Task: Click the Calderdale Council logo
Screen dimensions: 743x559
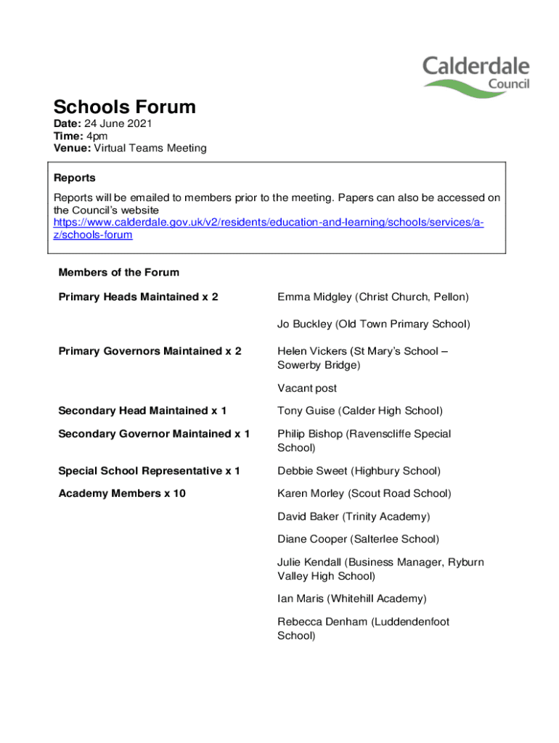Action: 476,77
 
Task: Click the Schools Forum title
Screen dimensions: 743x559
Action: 124,107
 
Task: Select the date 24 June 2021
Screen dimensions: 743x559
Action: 119,124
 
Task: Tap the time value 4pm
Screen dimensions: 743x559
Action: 97,136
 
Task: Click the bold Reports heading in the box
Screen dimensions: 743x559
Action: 75,178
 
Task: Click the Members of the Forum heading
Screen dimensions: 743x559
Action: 118,273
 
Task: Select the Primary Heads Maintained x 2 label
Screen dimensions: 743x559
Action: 138,297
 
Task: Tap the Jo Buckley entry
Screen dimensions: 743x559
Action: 373,324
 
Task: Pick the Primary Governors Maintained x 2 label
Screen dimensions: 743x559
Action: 150,351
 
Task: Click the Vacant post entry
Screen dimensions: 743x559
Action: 306,388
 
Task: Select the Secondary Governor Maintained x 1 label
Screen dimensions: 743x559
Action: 154,434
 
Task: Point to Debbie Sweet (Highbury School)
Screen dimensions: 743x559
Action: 359,471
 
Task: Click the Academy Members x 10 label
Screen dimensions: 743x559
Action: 122,493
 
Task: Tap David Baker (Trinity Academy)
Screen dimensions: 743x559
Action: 354,517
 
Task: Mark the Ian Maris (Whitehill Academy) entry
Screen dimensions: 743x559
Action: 351,599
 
